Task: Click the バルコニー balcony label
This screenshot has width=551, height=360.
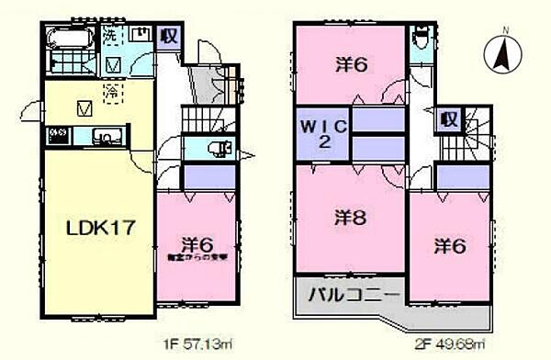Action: [348, 297]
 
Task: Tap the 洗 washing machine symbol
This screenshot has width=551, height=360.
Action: [110, 36]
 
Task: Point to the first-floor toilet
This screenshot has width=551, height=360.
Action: [218, 150]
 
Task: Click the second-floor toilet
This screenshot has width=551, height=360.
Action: [421, 38]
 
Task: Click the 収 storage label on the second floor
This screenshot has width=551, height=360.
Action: [448, 118]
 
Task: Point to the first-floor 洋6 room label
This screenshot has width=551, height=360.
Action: [197, 245]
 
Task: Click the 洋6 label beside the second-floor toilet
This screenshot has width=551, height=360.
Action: [345, 65]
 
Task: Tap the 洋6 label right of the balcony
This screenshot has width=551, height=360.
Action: [448, 245]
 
